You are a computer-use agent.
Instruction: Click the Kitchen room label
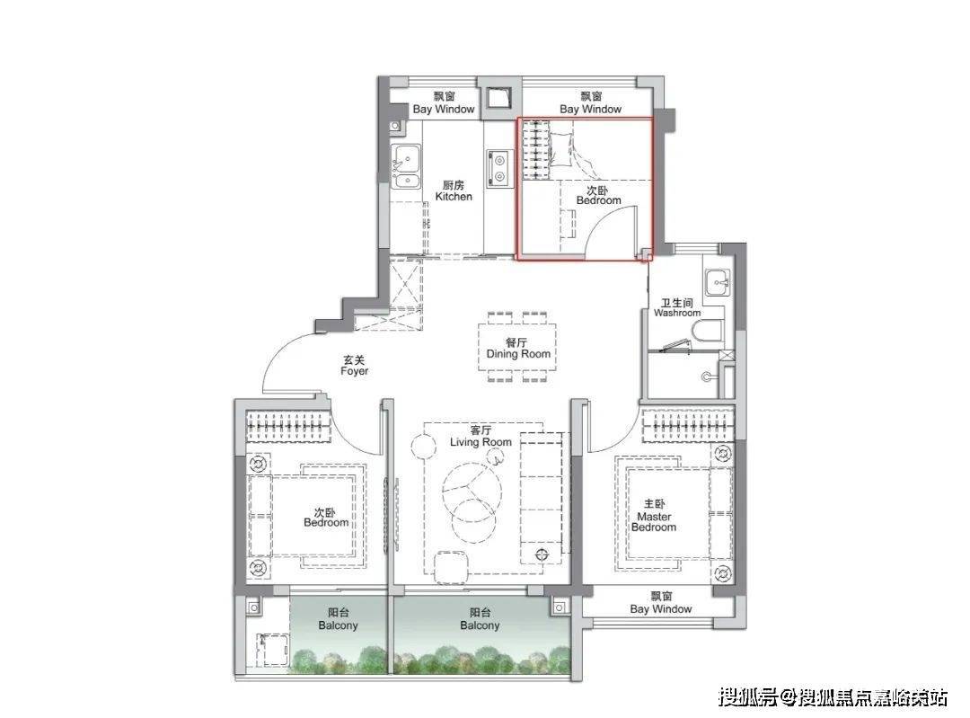[x=454, y=191]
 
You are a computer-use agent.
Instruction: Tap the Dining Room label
[x=518, y=348]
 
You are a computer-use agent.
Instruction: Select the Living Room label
[x=481, y=436]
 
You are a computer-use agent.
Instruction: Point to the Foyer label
[x=355, y=365]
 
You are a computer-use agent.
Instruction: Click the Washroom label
[x=677, y=307]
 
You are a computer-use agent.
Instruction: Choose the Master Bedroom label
[x=654, y=516]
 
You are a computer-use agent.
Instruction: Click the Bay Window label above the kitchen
[x=444, y=102]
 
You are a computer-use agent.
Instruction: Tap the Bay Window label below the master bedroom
[x=661, y=602]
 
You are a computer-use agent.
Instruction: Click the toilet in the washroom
[x=708, y=332]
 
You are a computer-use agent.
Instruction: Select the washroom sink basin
[x=718, y=283]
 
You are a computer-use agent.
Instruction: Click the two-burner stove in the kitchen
[x=498, y=168]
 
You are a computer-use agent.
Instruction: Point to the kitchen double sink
[x=406, y=166]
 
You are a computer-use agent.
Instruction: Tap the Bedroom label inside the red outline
[x=598, y=195]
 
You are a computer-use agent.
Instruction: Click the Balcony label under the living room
[x=480, y=619]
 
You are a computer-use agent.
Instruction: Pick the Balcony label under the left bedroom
[x=338, y=619]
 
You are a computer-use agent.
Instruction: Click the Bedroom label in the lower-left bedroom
[x=326, y=518]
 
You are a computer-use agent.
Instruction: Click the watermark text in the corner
[x=833, y=698]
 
